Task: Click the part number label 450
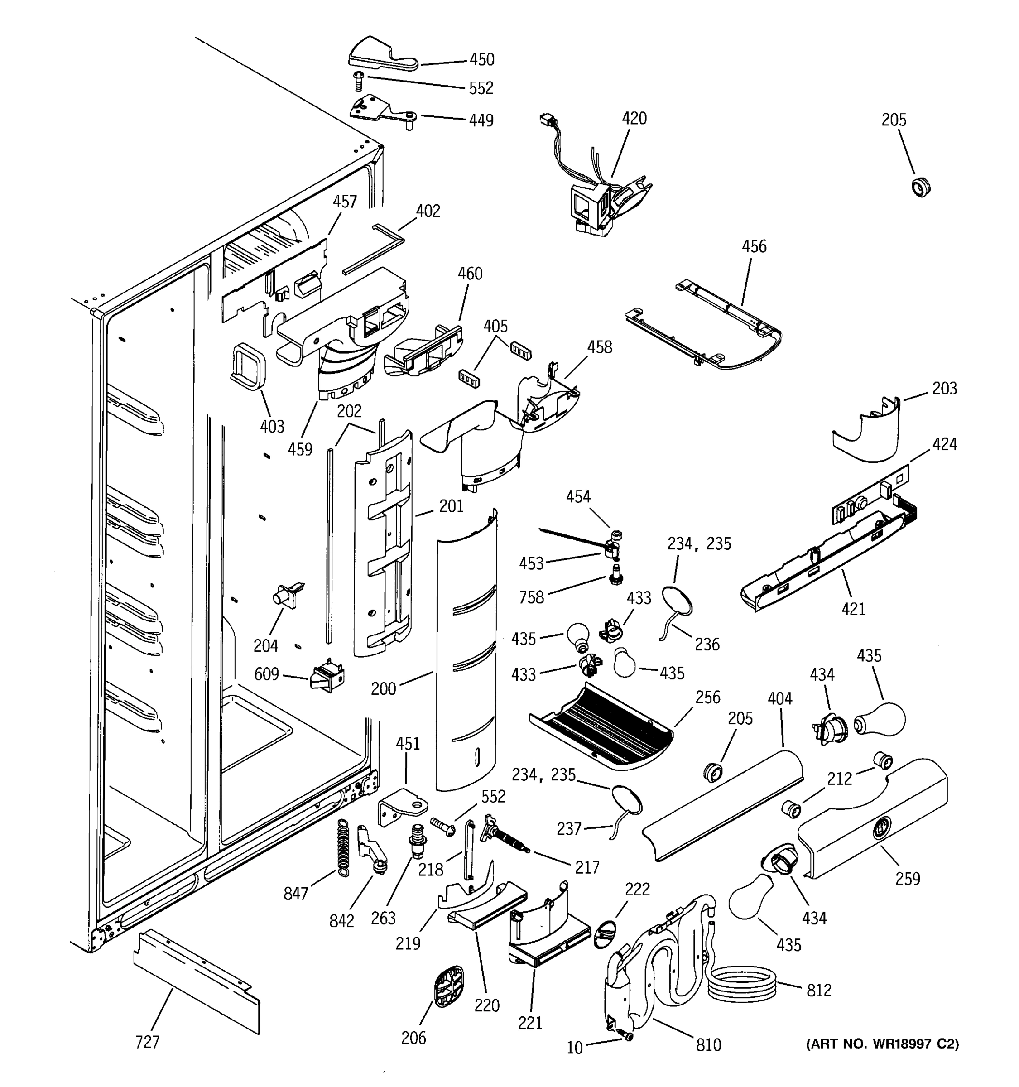pos(481,59)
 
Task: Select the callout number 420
pos(634,118)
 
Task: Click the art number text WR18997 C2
pos(882,1044)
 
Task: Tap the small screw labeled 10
pos(626,1034)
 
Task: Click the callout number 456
pos(754,246)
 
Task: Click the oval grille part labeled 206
pos(449,985)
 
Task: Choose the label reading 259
pos(908,878)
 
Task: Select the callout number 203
pos(944,388)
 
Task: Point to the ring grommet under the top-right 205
pos(922,187)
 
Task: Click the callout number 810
pos(708,1045)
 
